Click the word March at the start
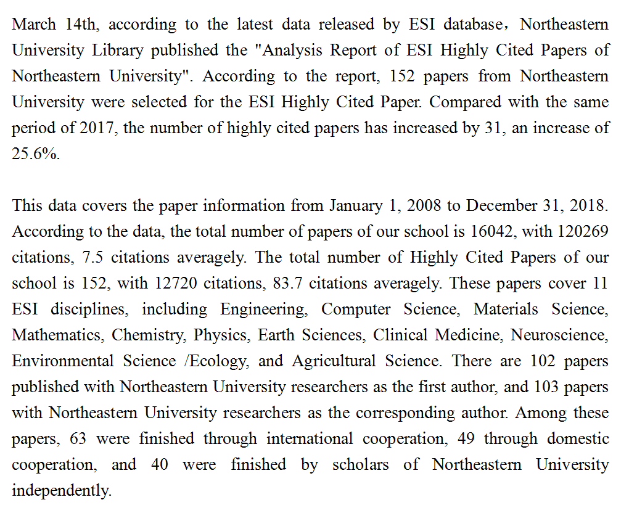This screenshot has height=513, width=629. click(x=34, y=25)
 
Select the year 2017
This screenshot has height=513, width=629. click(x=96, y=128)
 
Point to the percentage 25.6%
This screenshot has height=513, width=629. click(x=36, y=154)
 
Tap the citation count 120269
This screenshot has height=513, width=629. click(x=583, y=232)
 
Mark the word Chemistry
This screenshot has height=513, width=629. click(x=149, y=335)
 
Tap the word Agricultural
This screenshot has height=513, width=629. click(x=334, y=361)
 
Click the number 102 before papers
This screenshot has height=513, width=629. click(x=542, y=361)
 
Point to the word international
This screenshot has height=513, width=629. click(x=310, y=439)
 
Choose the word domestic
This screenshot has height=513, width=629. click(x=578, y=439)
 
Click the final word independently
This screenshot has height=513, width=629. click(x=61, y=491)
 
